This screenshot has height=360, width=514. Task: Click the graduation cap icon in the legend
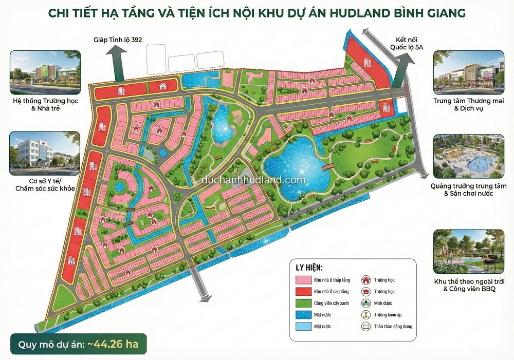[x=366, y=291]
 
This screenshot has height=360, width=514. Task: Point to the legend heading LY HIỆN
[x=309, y=268]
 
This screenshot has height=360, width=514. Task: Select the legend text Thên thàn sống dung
[x=393, y=326]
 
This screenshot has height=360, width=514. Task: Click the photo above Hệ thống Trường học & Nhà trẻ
[x=45, y=69]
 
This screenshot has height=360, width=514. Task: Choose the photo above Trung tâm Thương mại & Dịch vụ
[x=468, y=69]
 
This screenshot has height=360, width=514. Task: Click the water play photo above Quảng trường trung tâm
[x=468, y=155]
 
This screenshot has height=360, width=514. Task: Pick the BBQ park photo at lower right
[x=468, y=251]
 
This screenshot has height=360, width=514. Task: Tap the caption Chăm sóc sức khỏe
[x=45, y=189]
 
